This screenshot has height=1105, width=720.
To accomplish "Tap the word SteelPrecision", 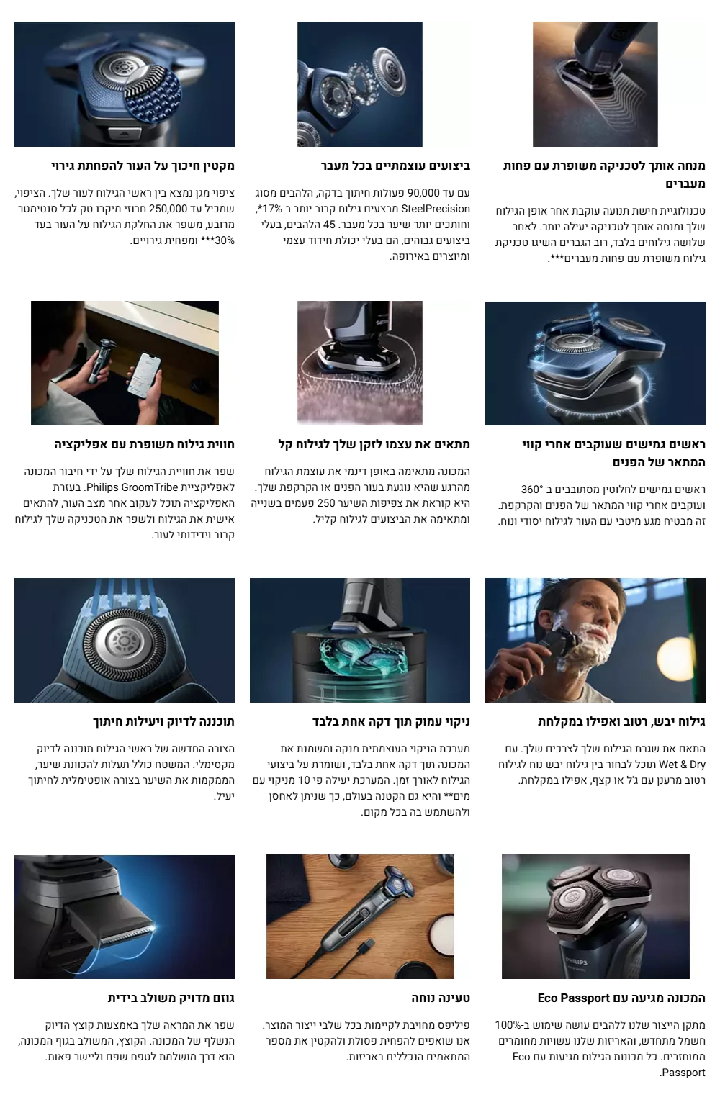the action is pyautogui.click(x=435, y=209).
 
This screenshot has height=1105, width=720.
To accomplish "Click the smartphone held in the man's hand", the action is pyautogui.click(x=143, y=374).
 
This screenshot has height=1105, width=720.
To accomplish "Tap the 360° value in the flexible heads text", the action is pyautogui.click(x=531, y=490).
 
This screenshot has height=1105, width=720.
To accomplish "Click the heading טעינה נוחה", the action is pyautogui.click(x=440, y=998).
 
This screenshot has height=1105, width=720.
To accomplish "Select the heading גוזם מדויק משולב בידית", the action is pyautogui.click(x=171, y=998).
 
